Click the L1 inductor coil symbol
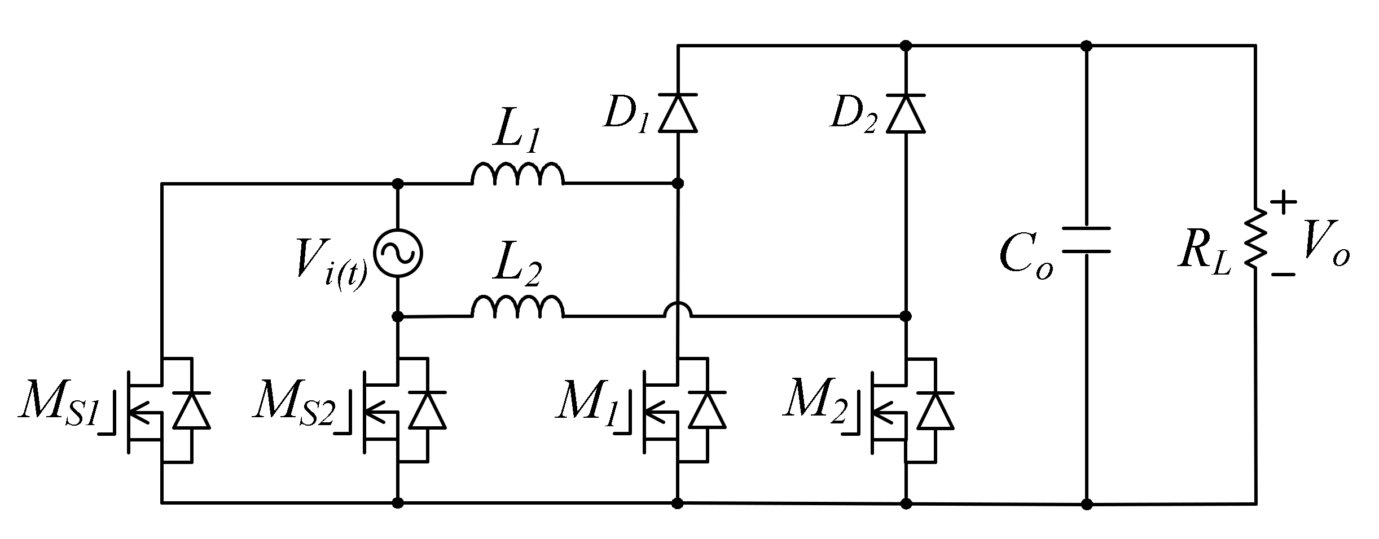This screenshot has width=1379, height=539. pyautogui.click(x=517, y=175)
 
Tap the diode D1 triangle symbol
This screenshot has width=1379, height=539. pyautogui.click(x=678, y=113)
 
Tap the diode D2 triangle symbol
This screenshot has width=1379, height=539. pyautogui.click(x=906, y=113)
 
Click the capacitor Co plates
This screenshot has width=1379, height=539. pyautogui.click(x=1086, y=240)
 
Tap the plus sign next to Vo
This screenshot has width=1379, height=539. pyautogui.click(x=1284, y=202)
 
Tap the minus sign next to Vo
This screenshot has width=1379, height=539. pyautogui.click(x=1284, y=274)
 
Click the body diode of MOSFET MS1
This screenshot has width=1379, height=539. pyautogui.click(x=192, y=410)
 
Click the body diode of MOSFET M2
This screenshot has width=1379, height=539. pyautogui.click(x=935, y=410)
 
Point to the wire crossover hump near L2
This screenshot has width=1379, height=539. pyautogui.click(x=678, y=310)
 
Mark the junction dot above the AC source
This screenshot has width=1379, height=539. pyautogui.click(x=398, y=184)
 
